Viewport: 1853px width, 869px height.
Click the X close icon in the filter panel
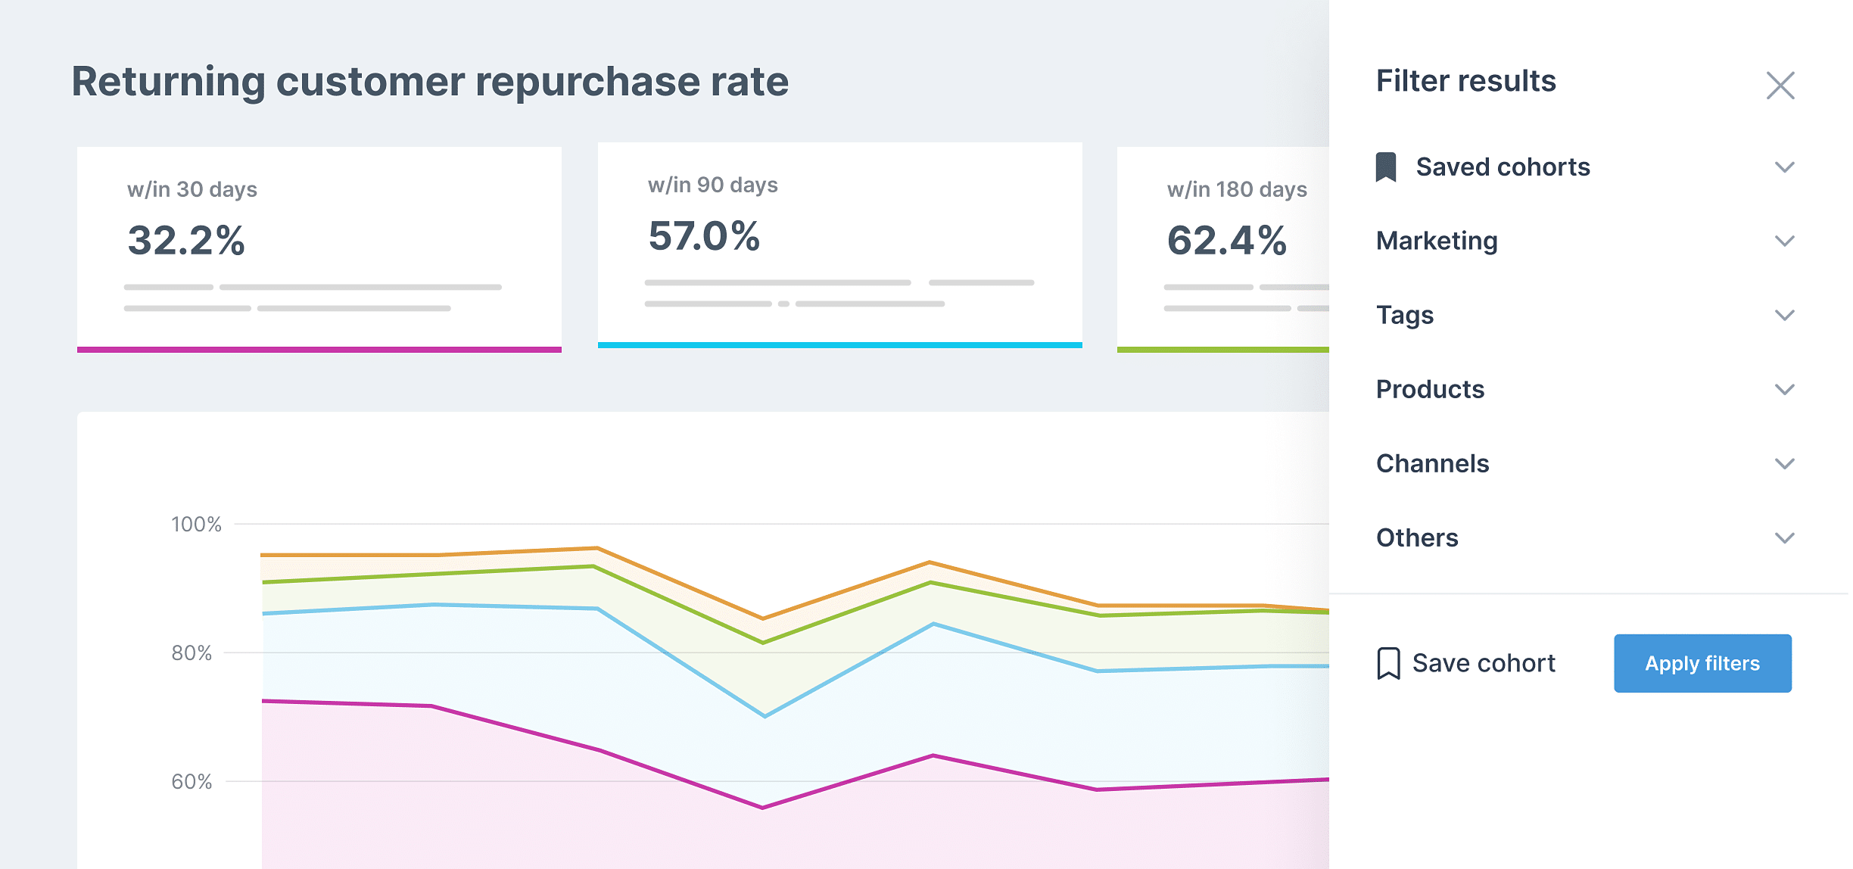1780,86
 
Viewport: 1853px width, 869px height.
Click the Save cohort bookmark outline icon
1388,663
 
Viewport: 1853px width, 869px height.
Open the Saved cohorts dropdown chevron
1784,167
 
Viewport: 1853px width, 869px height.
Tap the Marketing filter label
1436,241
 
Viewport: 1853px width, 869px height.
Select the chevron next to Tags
1784,315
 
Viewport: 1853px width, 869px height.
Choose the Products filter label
1429,389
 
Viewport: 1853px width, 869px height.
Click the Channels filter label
1431,463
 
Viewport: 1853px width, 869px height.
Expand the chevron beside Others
1784,537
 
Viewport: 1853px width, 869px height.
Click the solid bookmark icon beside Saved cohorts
1385,167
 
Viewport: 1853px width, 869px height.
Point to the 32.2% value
186,241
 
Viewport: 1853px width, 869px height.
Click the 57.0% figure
704,236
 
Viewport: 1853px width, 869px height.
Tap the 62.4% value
1226,241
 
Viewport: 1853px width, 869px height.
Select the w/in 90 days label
712,185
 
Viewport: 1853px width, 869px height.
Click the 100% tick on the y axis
196,524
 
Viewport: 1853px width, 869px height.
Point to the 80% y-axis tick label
192,653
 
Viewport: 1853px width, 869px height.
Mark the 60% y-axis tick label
192,781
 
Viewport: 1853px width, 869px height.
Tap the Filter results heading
1465,81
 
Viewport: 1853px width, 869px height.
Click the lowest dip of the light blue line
765,715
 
